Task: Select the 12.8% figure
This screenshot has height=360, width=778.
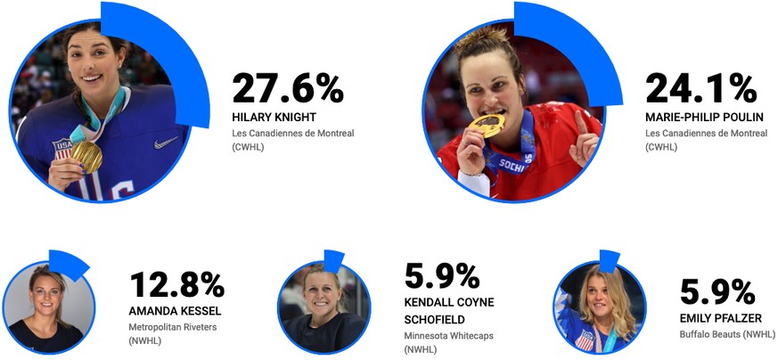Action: click(176, 284)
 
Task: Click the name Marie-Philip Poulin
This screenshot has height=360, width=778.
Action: click(704, 117)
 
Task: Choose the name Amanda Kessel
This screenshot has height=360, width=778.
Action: click(176, 311)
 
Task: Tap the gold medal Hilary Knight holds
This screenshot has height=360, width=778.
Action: click(86, 154)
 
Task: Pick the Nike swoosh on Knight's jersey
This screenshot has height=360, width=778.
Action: click(166, 143)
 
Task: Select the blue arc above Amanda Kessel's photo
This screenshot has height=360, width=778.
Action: click(71, 261)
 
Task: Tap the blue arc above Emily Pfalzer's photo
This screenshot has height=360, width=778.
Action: click(610, 260)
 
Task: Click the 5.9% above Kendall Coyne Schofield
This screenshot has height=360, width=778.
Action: click(443, 276)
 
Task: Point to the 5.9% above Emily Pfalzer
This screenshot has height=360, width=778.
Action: click(717, 292)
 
